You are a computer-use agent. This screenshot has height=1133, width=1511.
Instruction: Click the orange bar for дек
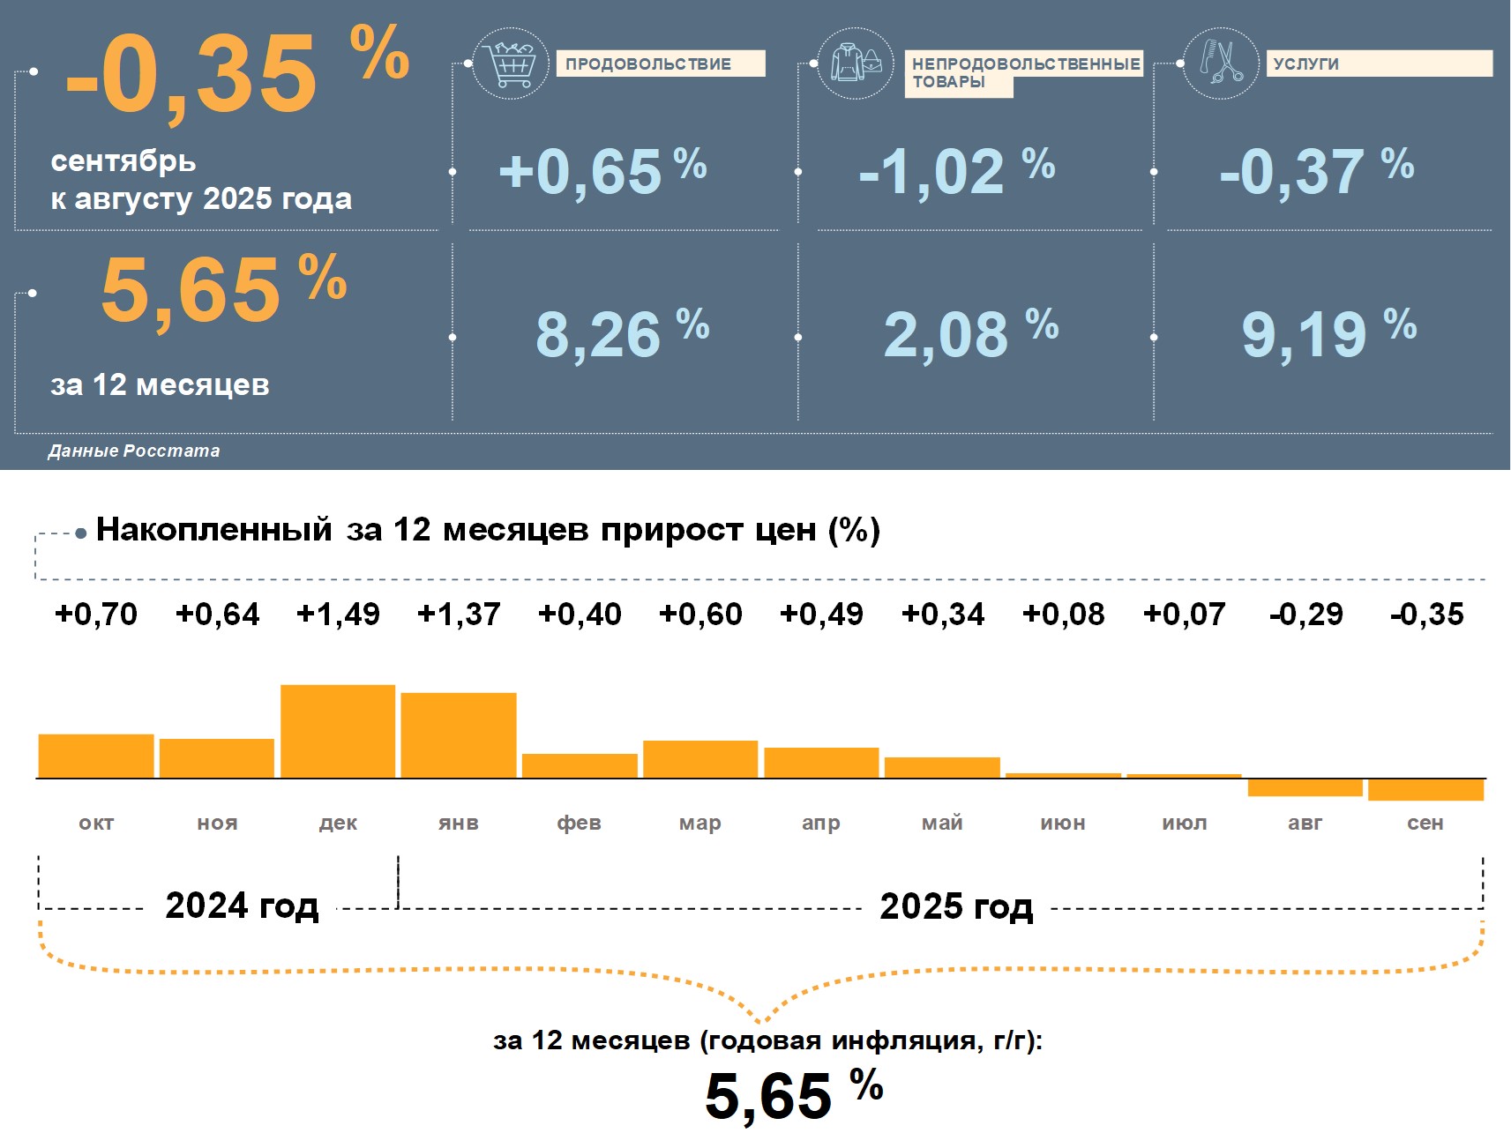[338, 731]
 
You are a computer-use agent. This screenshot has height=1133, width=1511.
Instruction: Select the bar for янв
[459, 735]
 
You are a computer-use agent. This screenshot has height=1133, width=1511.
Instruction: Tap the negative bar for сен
[1425, 789]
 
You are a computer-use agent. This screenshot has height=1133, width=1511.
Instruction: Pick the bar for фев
[580, 765]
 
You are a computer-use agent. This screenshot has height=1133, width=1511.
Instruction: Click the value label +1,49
[338, 614]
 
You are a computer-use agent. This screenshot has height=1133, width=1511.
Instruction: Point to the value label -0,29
[1305, 614]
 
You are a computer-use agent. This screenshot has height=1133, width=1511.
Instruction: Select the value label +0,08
[1063, 614]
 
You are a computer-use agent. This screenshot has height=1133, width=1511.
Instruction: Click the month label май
[942, 823]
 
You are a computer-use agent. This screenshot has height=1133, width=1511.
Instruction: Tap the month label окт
[96, 823]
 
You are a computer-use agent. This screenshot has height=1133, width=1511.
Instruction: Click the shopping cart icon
[510, 63]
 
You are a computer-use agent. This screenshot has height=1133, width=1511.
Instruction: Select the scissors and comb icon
[1220, 63]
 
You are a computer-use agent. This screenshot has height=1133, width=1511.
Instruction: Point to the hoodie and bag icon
[855, 63]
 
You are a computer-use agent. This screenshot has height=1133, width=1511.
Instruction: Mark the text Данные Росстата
[134, 451]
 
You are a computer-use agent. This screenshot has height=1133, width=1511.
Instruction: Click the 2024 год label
[242, 906]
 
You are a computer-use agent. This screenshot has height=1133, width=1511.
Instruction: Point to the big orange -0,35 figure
[191, 74]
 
